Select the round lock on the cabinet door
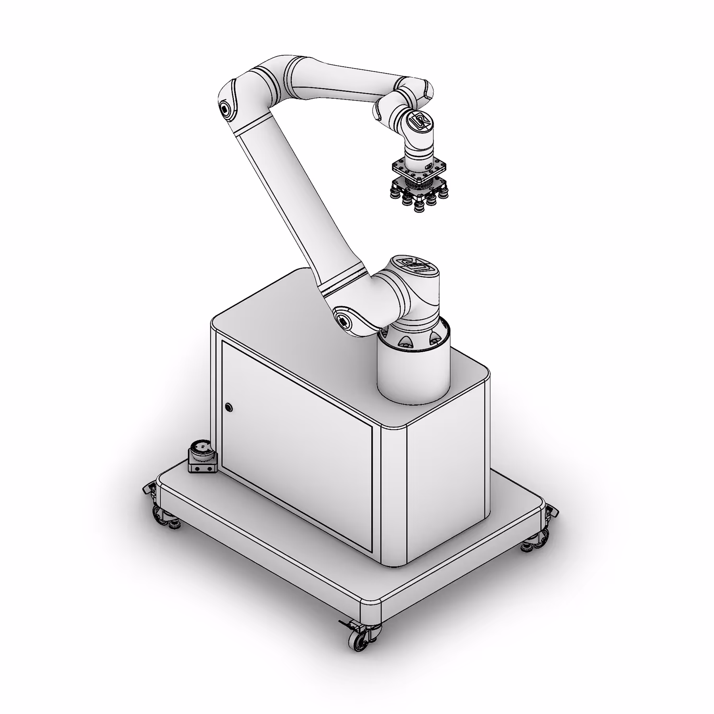(228, 407)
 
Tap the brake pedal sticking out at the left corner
(148, 488)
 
